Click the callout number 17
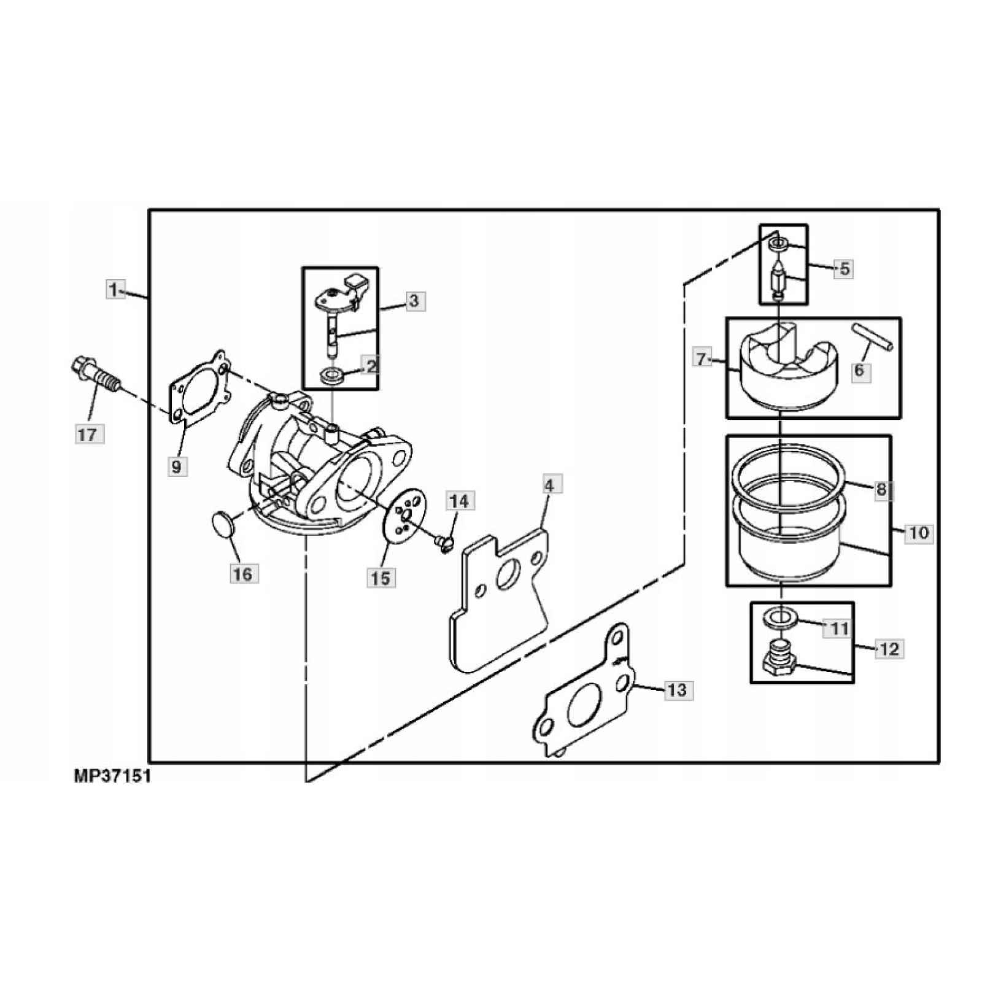(x=87, y=435)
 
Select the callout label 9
(x=177, y=467)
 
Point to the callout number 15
(x=381, y=578)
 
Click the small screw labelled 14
(x=444, y=542)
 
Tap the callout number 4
(x=549, y=485)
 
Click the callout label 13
(x=677, y=690)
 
